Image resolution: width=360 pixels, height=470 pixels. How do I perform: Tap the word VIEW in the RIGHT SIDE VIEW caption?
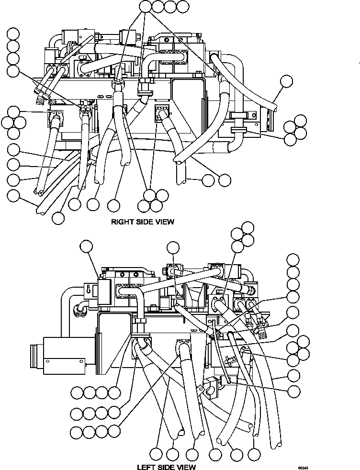164,222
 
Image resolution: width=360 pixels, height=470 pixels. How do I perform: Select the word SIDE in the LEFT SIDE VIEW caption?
170,467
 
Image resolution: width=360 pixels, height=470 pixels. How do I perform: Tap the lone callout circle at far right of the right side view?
286,82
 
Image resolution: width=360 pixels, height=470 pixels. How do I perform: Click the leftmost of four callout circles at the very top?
146,6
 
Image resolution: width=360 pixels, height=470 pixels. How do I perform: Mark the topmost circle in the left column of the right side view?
13,34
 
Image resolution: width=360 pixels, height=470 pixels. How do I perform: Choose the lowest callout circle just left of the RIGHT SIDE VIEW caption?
58,218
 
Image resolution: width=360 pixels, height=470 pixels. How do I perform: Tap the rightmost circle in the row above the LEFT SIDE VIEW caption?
255,453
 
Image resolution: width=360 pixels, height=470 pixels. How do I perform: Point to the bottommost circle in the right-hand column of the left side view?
293,390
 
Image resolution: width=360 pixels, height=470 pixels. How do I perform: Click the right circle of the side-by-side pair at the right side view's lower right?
224,180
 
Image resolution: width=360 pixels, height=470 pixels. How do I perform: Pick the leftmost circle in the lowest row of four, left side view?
77,432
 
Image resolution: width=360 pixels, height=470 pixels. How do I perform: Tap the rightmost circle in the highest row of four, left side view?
114,393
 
